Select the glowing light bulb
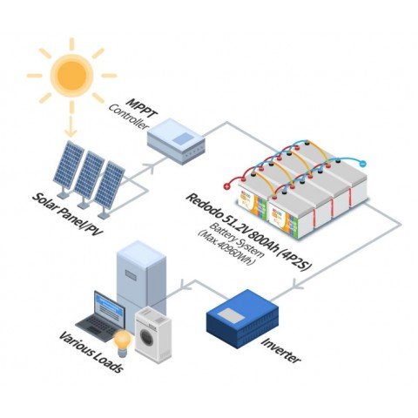coord(123,338)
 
